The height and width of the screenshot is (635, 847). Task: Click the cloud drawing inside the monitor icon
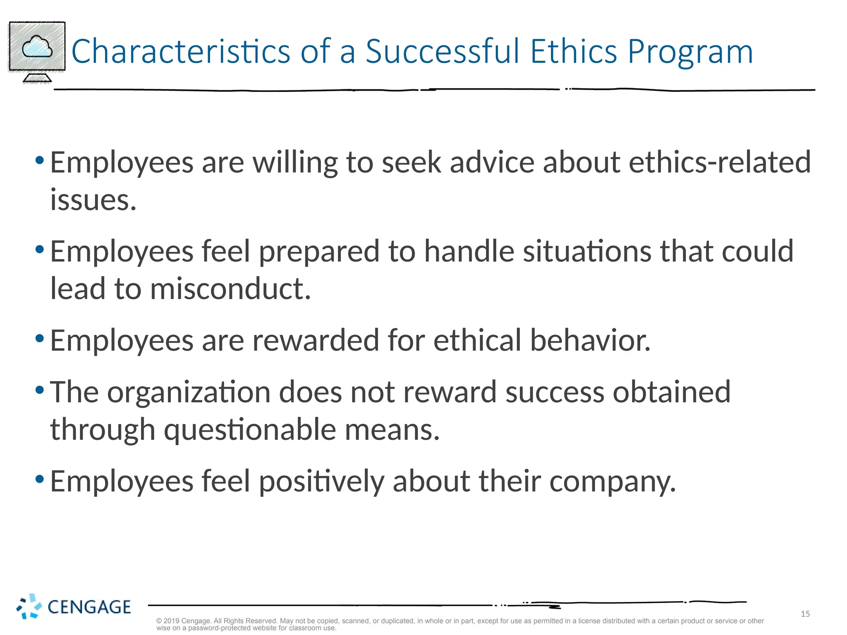[x=37, y=47]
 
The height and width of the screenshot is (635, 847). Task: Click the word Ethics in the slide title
[x=574, y=51]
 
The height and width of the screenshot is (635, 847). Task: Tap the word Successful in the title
[x=443, y=51]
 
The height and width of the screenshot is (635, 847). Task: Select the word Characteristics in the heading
[x=181, y=51]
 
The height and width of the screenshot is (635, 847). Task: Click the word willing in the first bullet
[x=295, y=163]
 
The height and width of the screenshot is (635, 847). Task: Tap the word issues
[x=93, y=200]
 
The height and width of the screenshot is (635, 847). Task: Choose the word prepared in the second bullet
[x=319, y=252]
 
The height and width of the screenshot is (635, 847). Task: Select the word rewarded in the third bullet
[x=316, y=341]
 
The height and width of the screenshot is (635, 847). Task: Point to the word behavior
[x=590, y=341]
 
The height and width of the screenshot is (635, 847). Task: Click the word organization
[x=189, y=392]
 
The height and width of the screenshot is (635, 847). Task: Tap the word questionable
[x=250, y=430]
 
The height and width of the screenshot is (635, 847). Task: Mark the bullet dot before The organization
[x=40, y=390]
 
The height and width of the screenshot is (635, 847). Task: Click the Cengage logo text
[x=89, y=607]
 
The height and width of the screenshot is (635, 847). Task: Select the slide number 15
[x=805, y=614]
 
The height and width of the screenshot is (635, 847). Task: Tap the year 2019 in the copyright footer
[x=171, y=621]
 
